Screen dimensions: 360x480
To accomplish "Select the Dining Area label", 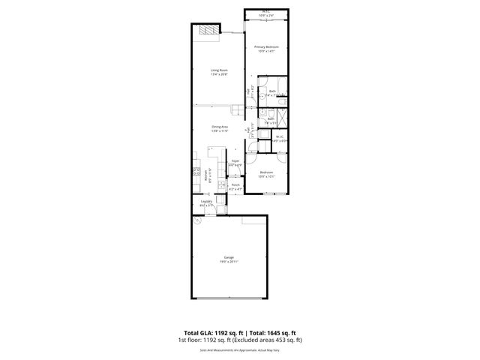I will click(x=219, y=127).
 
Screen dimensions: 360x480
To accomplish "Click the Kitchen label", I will click(x=205, y=177).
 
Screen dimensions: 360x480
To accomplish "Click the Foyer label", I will click(x=235, y=161).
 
